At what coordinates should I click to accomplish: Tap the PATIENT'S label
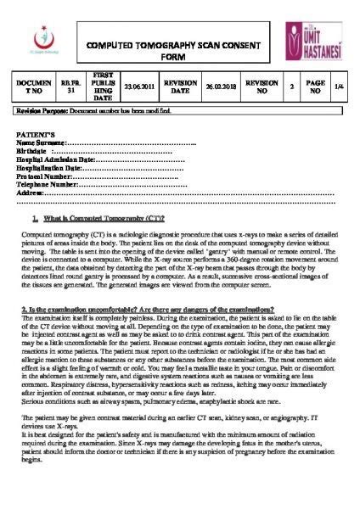(x=37, y=136)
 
